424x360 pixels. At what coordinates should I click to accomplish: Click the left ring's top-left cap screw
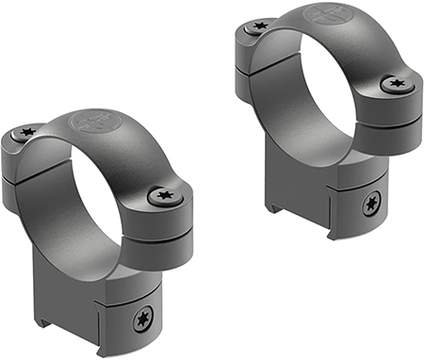[x=28, y=134]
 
